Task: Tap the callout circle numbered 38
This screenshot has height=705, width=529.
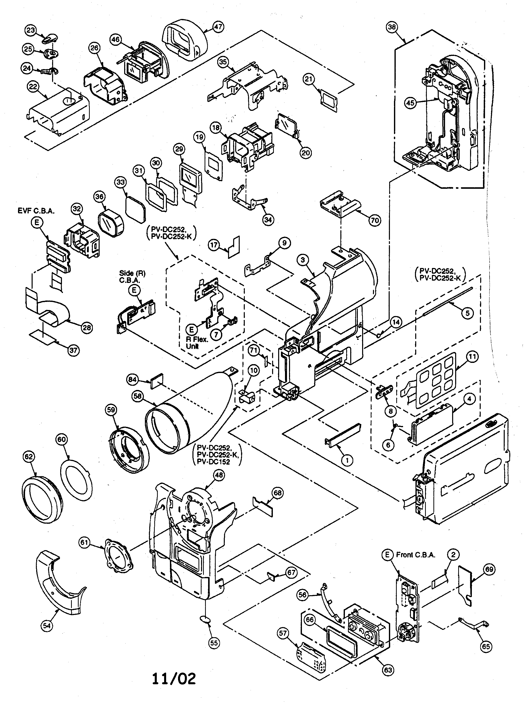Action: click(x=391, y=27)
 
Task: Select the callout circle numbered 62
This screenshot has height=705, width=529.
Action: click(x=28, y=457)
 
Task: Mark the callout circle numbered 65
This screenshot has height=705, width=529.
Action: click(x=486, y=646)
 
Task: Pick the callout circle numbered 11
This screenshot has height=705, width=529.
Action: click(x=472, y=356)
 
